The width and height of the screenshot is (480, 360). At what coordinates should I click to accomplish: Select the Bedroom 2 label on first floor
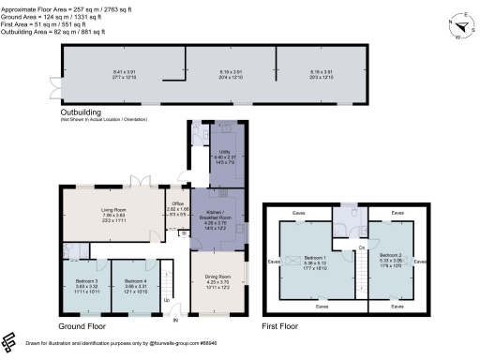389,254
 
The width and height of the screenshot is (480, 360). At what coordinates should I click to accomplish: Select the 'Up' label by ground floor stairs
168,300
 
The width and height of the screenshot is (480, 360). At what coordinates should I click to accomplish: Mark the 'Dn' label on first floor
361,247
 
